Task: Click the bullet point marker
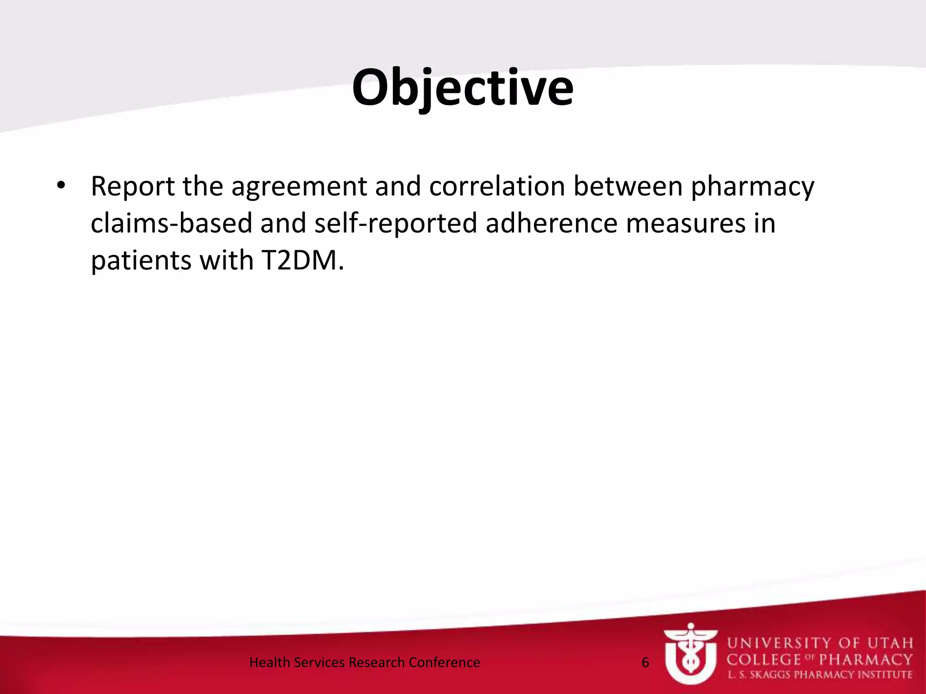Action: (x=61, y=186)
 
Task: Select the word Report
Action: (x=132, y=186)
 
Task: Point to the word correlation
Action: (x=497, y=186)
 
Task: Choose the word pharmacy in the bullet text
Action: (x=753, y=187)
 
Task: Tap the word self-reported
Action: (x=396, y=223)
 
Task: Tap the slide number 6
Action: (x=645, y=662)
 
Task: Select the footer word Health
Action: (x=269, y=662)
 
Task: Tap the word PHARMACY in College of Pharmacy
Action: (x=866, y=659)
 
